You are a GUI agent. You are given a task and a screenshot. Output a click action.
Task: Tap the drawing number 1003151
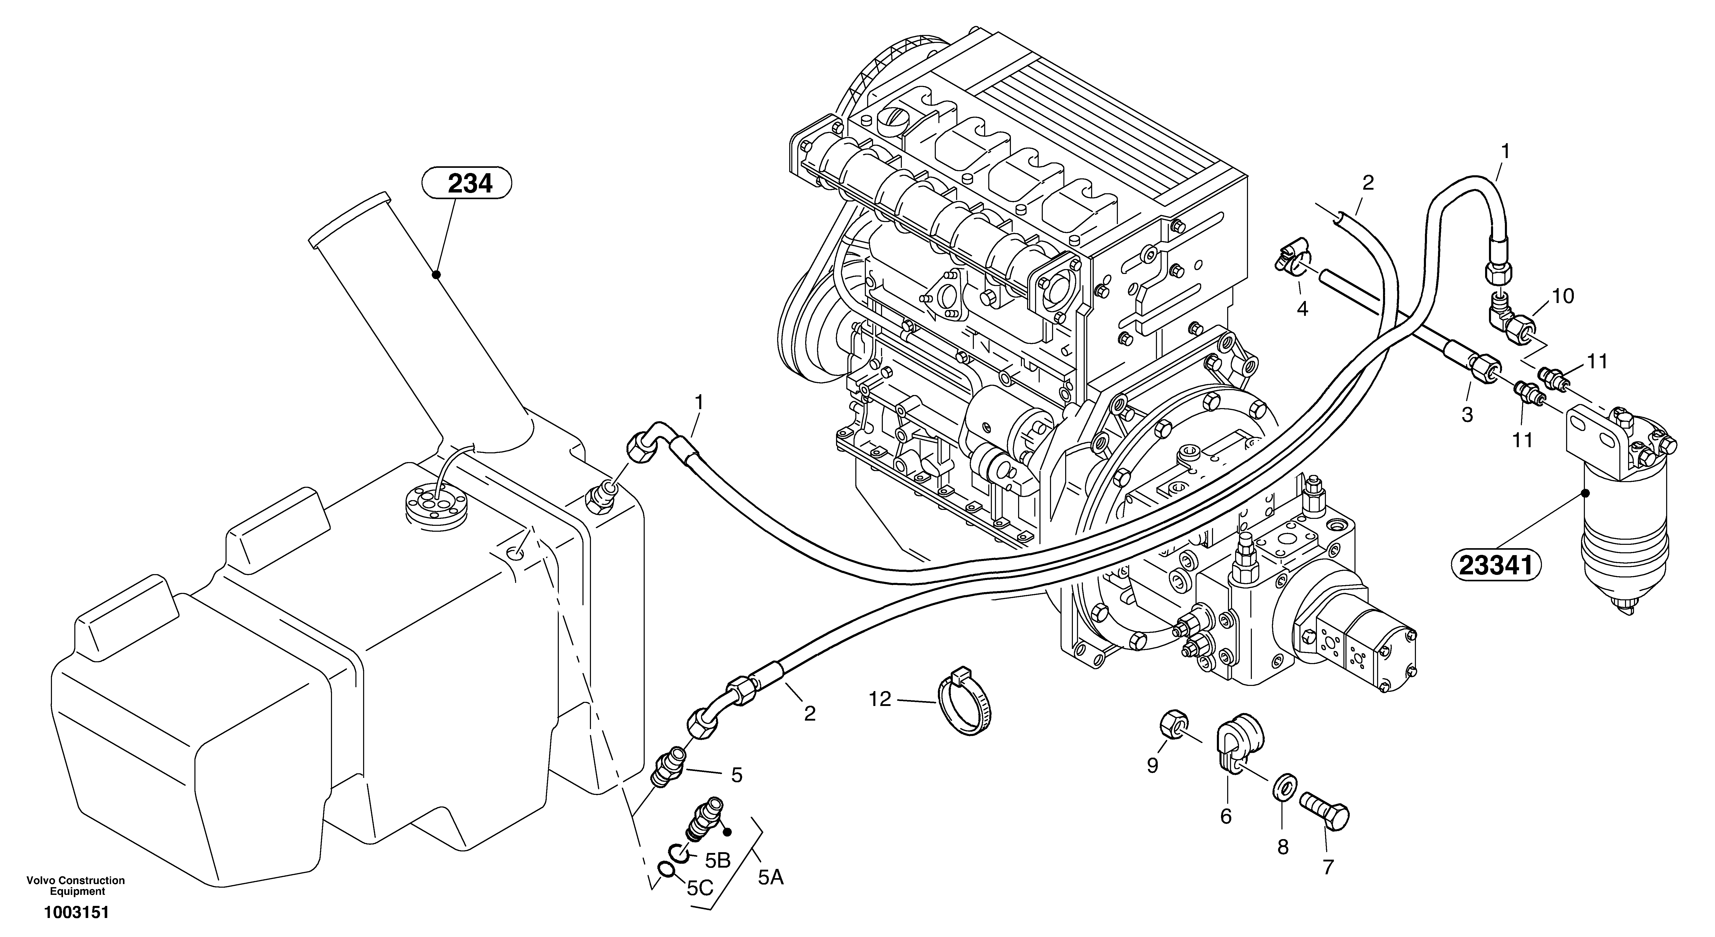(76, 912)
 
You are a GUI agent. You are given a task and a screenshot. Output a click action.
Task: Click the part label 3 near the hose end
(1467, 415)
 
